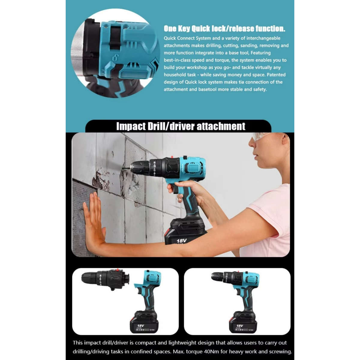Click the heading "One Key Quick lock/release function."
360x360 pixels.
[x=224, y=29]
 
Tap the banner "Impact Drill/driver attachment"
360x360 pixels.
[x=181, y=126]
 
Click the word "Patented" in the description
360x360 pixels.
[x=276, y=75]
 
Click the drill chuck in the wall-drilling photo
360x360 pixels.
[x=140, y=168]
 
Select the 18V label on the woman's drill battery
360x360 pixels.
[x=181, y=241]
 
